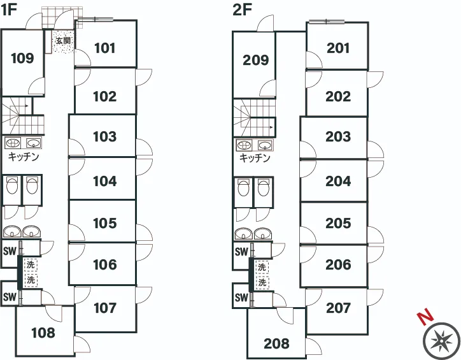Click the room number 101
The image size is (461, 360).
click(x=105, y=48)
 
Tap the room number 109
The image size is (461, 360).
click(x=22, y=58)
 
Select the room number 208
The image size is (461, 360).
click(x=276, y=343)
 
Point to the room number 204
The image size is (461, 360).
click(x=338, y=181)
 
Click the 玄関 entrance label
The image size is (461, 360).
click(x=63, y=41)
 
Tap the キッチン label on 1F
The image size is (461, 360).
click(x=24, y=156)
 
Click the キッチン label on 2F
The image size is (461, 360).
click(x=255, y=158)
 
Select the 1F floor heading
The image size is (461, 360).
click(x=9, y=10)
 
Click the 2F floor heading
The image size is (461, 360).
click(x=242, y=10)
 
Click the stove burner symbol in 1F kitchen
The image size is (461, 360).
click(x=13, y=143)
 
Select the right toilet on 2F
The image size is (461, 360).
click(x=264, y=188)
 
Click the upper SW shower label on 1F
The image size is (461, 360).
click(x=10, y=252)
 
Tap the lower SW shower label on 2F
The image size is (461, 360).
click(x=241, y=298)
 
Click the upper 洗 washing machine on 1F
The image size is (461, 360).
click(x=31, y=264)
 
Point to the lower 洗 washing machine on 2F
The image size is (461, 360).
click(x=262, y=283)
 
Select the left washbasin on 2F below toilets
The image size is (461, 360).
click(x=244, y=234)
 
